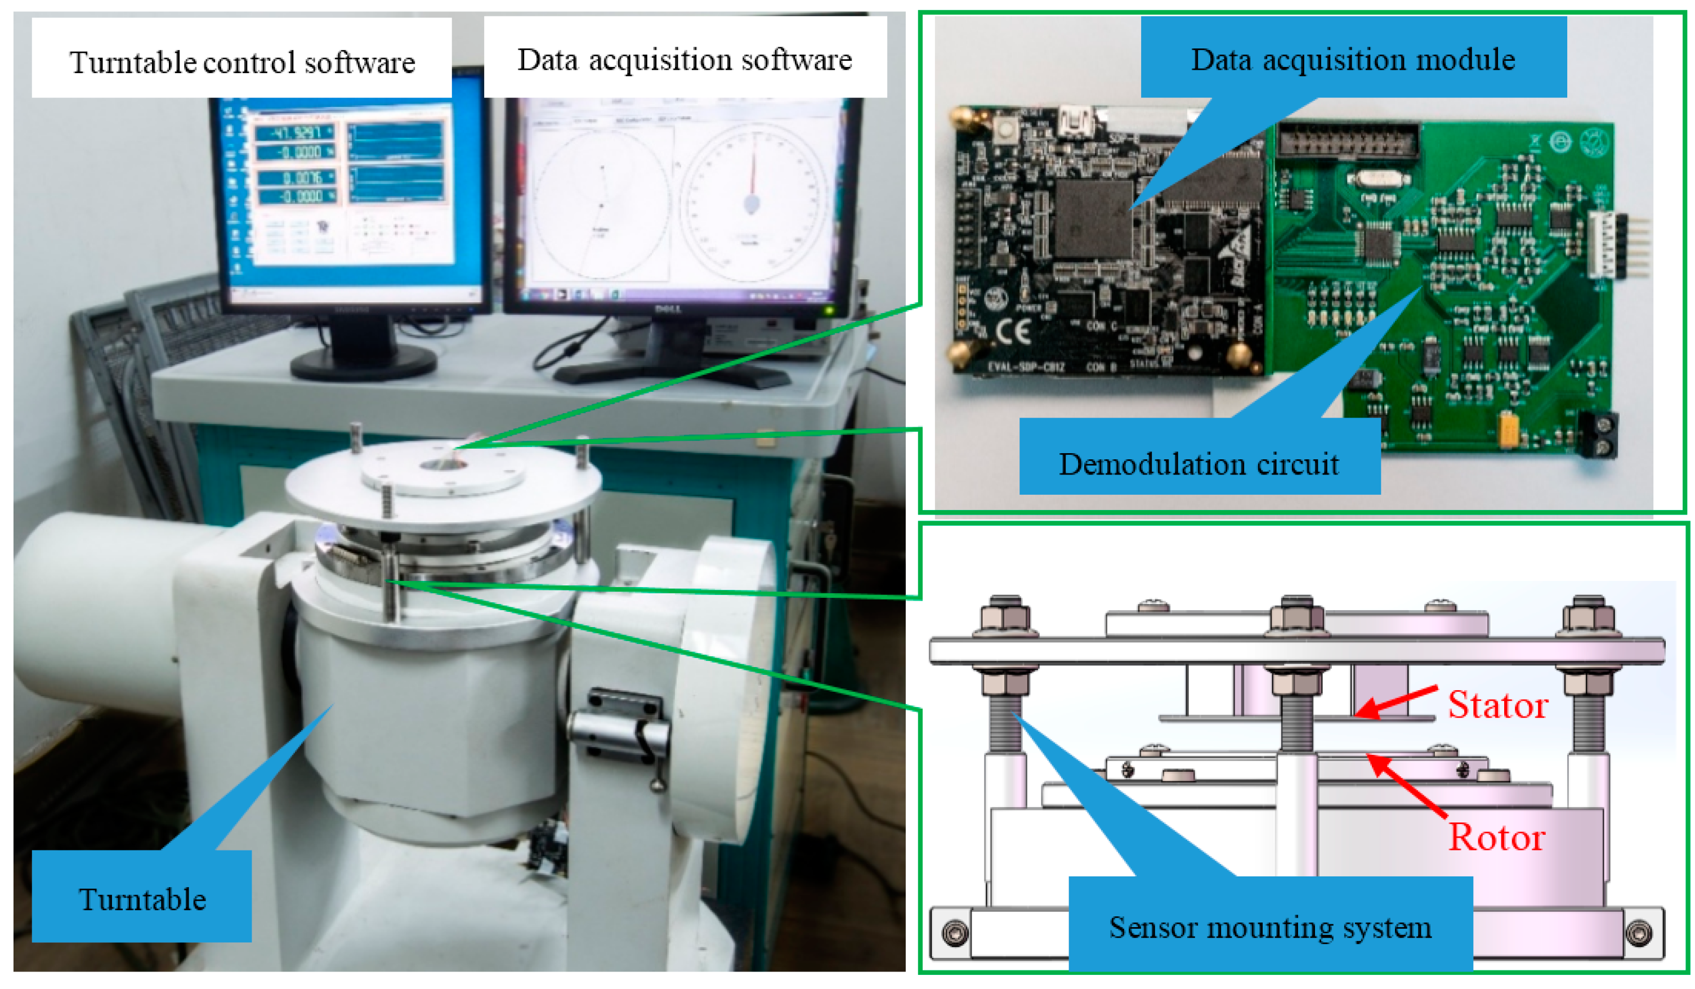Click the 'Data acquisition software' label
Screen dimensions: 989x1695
[684, 59]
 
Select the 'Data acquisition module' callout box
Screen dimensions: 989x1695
[1353, 59]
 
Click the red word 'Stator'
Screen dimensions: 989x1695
[1497, 705]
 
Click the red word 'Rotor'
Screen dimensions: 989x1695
[1496, 837]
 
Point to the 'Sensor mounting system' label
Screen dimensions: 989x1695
[1269, 927]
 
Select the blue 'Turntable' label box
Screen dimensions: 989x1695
[141, 899]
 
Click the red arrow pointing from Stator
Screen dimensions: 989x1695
[1396, 702]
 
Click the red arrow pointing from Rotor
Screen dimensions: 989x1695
[1406, 784]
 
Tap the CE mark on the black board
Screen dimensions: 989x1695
[1012, 331]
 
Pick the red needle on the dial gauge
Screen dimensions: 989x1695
[753, 172]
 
